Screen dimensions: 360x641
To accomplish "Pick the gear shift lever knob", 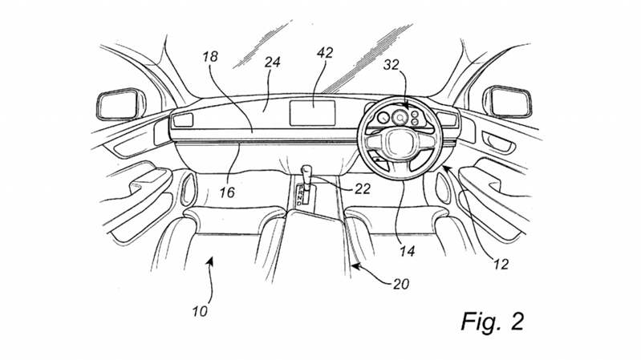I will [306, 169].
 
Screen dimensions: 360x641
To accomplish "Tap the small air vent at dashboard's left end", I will [184, 120].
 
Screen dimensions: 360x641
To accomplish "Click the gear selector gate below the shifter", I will [304, 195].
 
